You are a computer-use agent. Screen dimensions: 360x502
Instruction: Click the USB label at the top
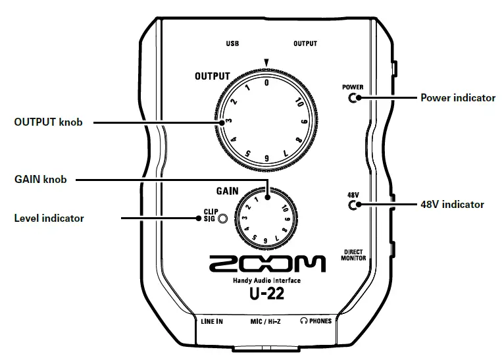232,43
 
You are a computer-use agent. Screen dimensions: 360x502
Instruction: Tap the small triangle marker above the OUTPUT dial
266,63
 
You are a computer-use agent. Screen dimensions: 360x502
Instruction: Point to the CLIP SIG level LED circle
224,218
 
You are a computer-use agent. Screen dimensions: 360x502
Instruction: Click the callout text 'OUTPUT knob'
48,122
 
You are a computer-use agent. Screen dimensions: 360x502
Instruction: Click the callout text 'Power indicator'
457,98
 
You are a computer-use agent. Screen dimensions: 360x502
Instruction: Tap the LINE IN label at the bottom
211,321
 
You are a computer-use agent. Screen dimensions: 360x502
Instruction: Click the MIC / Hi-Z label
266,321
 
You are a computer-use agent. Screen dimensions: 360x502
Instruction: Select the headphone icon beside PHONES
303,321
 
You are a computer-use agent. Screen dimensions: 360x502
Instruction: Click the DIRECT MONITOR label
353,255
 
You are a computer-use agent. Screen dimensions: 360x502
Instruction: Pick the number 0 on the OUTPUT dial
266,83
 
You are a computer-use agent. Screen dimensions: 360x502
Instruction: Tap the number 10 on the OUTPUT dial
298,103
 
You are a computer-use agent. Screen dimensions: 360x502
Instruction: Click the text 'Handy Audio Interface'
266,281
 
